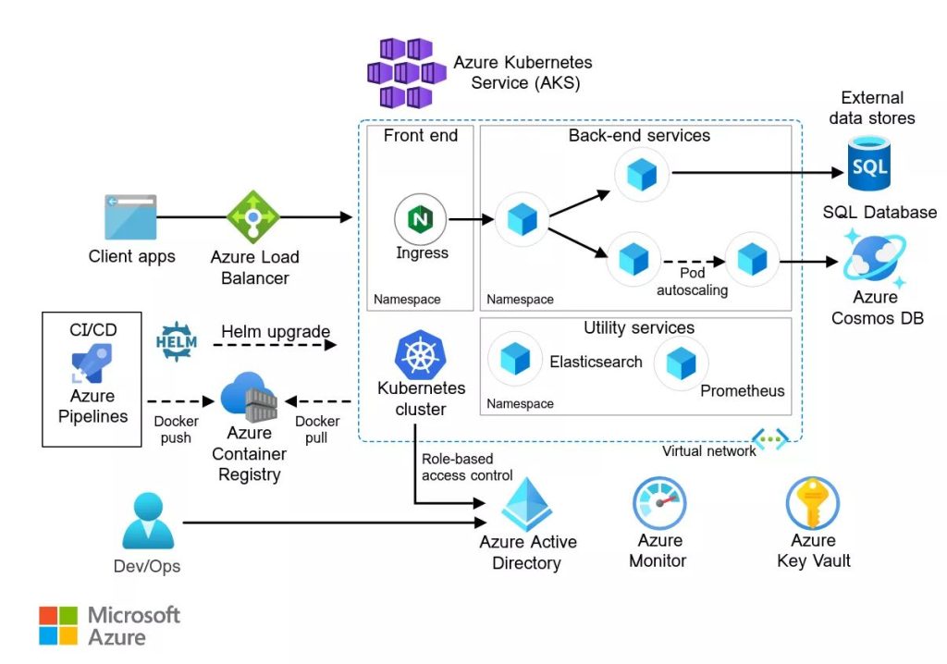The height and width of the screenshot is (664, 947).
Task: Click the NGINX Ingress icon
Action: coord(421,220)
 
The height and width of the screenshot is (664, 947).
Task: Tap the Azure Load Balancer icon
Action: coord(253,217)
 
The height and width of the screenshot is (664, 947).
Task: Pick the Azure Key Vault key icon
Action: coord(812,503)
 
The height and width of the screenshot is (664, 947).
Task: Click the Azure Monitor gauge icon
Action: coord(658,503)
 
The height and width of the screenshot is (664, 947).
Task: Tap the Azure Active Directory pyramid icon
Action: coord(527,505)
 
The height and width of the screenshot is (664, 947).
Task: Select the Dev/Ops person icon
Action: coord(148,522)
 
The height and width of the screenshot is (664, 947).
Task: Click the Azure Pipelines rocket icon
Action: coord(92,363)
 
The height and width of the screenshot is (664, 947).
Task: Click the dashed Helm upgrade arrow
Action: coord(274,345)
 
